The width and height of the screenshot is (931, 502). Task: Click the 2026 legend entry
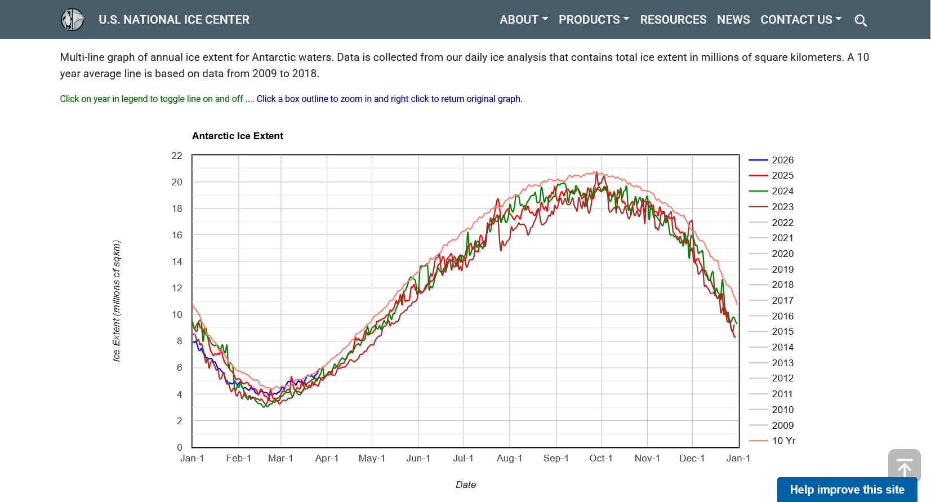tap(771, 160)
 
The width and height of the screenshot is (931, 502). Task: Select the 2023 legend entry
tap(771, 207)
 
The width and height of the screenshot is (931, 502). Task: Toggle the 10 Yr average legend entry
tap(772, 441)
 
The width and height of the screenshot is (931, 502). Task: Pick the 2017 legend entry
tap(771, 300)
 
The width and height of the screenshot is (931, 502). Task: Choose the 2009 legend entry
tap(771, 425)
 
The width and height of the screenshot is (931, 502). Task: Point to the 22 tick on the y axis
tap(177, 156)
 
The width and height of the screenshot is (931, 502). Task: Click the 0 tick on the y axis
tap(180, 447)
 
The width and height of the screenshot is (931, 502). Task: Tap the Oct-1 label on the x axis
tap(600, 458)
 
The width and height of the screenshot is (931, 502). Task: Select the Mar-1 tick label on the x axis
tap(280, 458)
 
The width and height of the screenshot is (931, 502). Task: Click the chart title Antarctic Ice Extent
tap(237, 136)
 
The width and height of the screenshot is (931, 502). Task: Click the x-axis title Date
tap(465, 485)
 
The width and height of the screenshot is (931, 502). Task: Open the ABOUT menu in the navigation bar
tap(524, 20)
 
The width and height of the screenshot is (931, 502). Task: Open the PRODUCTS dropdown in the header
tap(594, 20)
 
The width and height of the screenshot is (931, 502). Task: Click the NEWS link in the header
tap(733, 20)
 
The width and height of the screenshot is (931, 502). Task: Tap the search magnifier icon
tap(861, 20)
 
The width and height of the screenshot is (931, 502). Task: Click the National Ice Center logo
tap(73, 20)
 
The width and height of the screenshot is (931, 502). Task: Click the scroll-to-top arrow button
tap(905, 465)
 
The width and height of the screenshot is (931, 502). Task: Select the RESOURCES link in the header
tap(673, 20)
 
